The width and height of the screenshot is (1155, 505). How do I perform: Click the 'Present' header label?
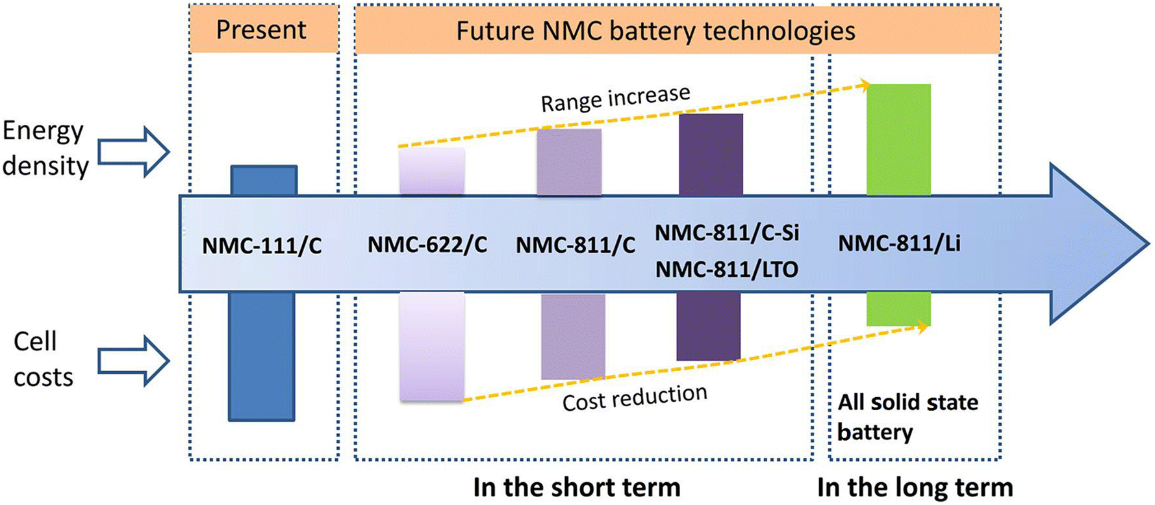tap(260, 30)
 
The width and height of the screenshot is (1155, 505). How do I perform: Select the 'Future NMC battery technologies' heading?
tap(655, 31)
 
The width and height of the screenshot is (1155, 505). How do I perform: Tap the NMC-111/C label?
tap(262, 246)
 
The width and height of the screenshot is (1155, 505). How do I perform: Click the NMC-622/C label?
tap(427, 245)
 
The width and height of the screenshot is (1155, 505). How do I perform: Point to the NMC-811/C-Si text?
tap(726, 233)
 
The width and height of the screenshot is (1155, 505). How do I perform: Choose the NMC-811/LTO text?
tap(726, 269)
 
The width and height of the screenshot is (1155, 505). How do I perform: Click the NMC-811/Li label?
tap(899, 244)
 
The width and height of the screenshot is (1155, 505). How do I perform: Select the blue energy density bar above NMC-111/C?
tap(264, 180)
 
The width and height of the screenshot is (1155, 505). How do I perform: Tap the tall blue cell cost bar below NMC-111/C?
tap(261, 356)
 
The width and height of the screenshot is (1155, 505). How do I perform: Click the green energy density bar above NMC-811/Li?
tap(898, 139)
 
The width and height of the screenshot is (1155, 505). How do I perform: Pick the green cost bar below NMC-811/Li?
tap(898, 308)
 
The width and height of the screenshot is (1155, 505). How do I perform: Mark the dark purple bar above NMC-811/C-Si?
tap(711, 154)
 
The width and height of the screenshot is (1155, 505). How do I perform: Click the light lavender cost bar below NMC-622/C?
tap(432, 346)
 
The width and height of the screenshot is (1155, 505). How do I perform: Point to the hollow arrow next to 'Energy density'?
tap(133, 152)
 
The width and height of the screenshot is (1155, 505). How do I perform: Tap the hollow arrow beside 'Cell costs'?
tap(133, 361)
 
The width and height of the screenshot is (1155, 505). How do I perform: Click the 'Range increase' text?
tap(615, 98)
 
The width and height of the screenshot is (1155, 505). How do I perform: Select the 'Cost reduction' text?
tap(635, 397)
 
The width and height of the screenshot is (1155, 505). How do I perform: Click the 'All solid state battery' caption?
tap(907, 417)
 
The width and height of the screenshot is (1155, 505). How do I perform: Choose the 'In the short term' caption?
tap(576, 487)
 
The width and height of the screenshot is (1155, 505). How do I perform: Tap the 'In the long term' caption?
tap(915, 487)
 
